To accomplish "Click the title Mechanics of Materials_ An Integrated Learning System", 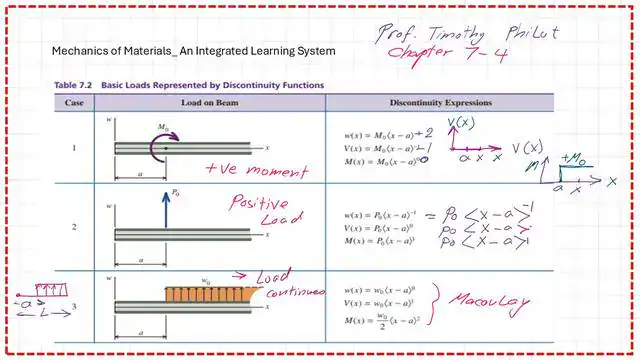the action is (x=193, y=51).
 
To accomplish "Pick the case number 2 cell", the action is (x=73, y=227).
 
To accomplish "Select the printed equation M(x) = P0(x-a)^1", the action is (x=367, y=241).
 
